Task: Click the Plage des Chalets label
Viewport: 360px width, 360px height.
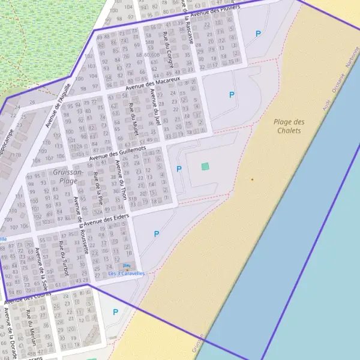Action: (x=289, y=126)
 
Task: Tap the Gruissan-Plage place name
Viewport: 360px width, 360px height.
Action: (x=65, y=176)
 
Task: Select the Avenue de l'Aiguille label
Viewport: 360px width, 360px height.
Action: (x=58, y=105)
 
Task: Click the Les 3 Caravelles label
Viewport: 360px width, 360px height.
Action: (x=127, y=274)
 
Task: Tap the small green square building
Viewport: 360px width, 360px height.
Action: (x=205, y=166)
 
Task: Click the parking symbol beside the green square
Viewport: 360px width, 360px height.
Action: (x=179, y=169)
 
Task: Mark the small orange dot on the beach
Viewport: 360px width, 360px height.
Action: (x=252, y=179)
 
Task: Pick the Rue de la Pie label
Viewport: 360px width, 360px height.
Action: (x=97, y=189)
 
